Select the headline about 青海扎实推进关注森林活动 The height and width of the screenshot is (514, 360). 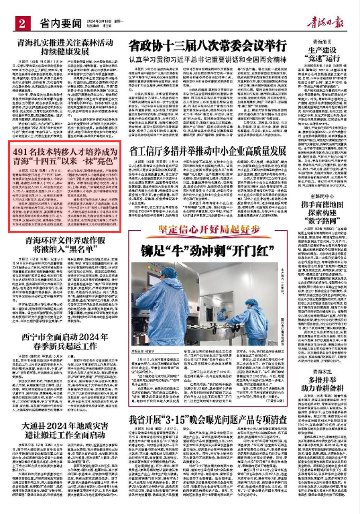point(62,48)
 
